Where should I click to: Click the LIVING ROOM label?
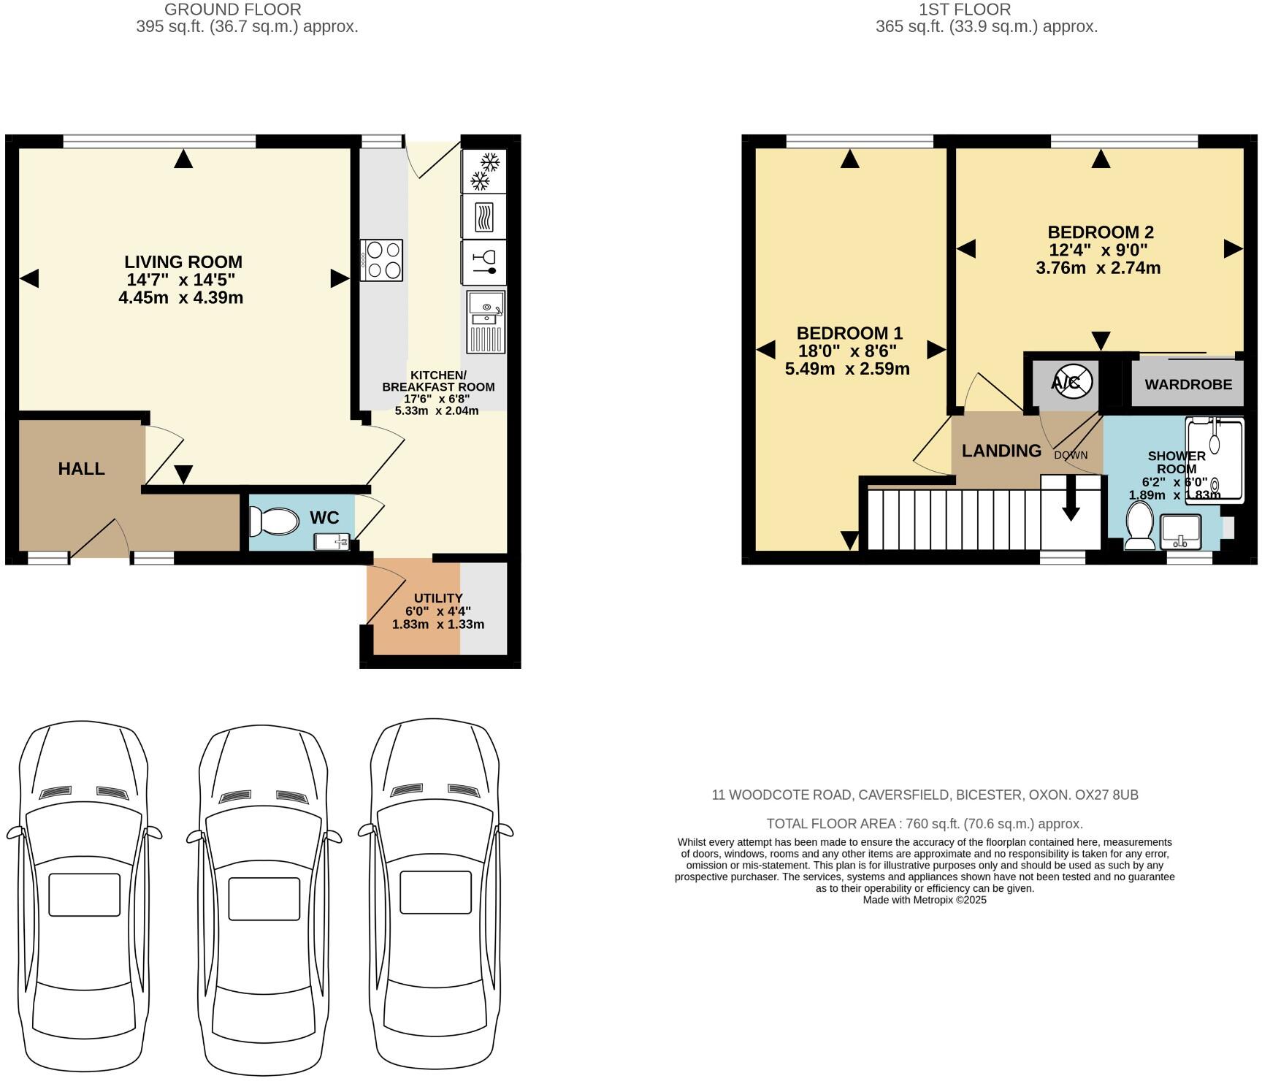(x=183, y=261)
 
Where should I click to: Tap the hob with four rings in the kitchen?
(x=381, y=261)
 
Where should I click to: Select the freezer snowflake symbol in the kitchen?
(x=484, y=171)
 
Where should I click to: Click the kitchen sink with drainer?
(x=486, y=321)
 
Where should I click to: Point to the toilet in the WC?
(x=274, y=522)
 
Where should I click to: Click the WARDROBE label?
(x=1188, y=384)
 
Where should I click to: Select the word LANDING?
(x=1001, y=451)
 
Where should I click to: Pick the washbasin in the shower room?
(x=1180, y=531)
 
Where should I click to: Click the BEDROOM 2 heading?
(x=1100, y=232)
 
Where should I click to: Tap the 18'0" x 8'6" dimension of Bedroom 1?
(x=847, y=351)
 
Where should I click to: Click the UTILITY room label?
(x=438, y=597)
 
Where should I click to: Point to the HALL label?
(x=82, y=469)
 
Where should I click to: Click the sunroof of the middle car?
(x=264, y=898)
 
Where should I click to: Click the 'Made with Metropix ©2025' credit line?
(x=925, y=900)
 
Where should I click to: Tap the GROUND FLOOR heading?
(x=232, y=9)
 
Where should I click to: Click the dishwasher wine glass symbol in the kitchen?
(x=484, y=262)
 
